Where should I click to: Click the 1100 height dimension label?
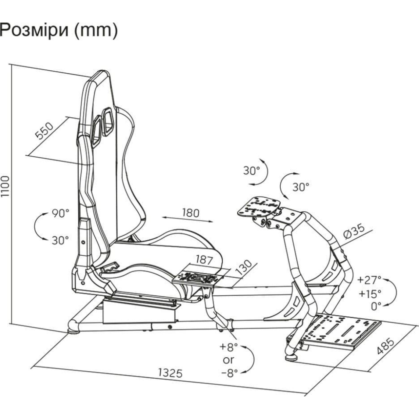(x=5, y=186)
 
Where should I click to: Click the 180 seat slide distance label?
(x=191, y=213)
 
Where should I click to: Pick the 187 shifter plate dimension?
(x=204, y=260)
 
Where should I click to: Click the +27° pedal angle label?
(x=369, y=280)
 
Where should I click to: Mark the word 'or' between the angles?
(x=228, y=360)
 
